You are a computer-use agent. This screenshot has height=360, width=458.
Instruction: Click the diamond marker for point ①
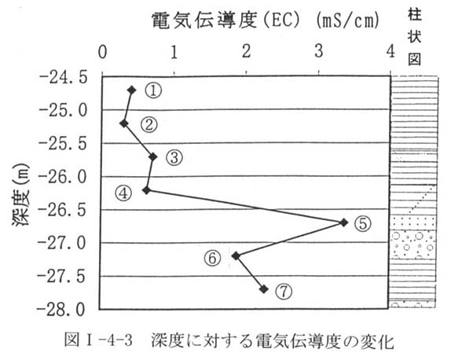(132, 90)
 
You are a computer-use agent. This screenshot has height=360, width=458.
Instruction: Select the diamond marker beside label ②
(124, 123)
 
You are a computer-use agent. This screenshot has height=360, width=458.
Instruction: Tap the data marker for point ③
(152, 156)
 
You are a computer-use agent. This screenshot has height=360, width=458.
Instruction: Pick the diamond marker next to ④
(146, 190)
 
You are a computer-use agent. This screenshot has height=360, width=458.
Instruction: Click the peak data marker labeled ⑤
(344, 222)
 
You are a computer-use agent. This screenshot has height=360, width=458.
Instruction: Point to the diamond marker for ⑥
(236, 256)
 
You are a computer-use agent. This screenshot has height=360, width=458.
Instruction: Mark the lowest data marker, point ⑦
(264, 289)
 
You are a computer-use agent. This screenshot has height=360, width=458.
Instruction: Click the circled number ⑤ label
(363, 224)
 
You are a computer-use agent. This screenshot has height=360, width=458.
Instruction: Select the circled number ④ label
(123, 193)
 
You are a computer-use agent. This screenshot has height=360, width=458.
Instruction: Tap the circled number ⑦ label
(284, 292)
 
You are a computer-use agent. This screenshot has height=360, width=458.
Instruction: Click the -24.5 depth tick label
(64, 78)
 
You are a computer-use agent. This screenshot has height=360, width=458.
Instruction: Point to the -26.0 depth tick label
(63, 178)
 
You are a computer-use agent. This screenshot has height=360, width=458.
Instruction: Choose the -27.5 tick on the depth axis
(61, 277)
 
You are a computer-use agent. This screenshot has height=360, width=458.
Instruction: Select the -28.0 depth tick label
(61, 310)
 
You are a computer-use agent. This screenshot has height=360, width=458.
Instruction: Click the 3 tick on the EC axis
(319, 52)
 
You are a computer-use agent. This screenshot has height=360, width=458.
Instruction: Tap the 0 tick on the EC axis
(103, 53)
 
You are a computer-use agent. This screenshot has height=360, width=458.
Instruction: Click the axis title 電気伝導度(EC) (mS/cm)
(266, 20)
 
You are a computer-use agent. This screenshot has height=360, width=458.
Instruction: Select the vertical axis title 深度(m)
(20, 195)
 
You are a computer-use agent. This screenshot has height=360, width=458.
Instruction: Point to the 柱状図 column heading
(415, 37)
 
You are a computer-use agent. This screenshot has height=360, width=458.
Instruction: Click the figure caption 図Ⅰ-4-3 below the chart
(98, 340)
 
